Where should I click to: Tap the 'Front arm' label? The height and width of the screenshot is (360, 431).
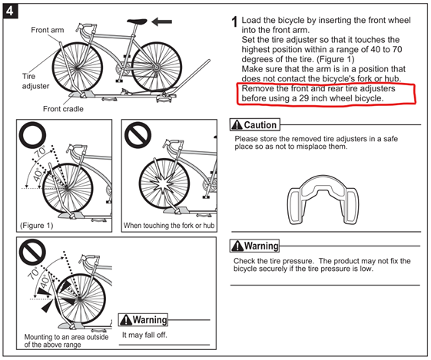tap(48, 30)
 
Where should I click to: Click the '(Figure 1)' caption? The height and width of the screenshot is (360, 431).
tap(36, 226)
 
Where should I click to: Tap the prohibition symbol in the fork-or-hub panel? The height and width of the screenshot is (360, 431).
tap(138, 136)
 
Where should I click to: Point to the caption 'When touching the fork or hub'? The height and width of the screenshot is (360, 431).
tap(170, 226)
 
